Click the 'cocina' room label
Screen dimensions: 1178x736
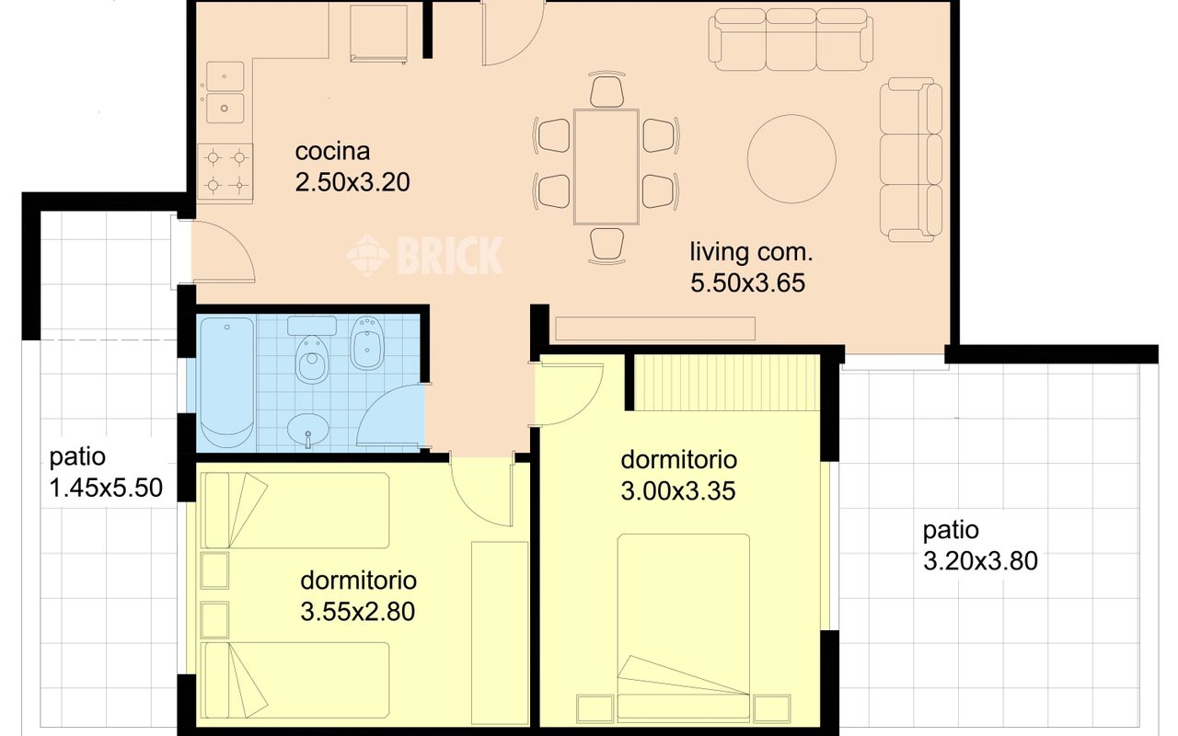pyautogui.click(x=332, y=152)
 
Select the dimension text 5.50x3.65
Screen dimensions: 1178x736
pyautogui.click(x=747, y=282)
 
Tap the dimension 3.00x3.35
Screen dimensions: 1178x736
pyautogui.click(x=678, y=491)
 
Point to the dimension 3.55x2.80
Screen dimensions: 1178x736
pyautogui.click(x=358, y=612)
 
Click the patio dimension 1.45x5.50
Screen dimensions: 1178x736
pyautogui.click(x=106, y=488)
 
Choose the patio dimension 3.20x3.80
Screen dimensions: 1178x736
pyautogui.click(x=980, y=561)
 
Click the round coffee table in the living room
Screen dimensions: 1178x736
pyautogui.click(x=791, y=159)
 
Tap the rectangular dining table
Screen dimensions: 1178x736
pyautogui.click(x=606, y=167)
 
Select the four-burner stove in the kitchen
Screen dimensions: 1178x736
pyautogui.click(x=225, y=171)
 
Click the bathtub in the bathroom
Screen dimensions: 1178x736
pyautogui.click(x=226, y=383)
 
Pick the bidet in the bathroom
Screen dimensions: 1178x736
pyautogui.click(x=366, y=343)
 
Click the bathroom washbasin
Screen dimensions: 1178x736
pyautogui.click(x=308, y=430)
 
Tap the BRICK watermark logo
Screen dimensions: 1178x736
pyautogui.click(x=425, y=256)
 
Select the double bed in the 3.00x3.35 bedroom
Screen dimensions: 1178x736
pyautogui.click(x=683, y=627)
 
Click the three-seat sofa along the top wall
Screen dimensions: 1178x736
pyautogui.click(x=791, y=40)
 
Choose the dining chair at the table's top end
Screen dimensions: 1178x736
pyautogui.click(x=606, y=89)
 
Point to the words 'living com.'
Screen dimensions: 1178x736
pyautogui.click(x=752, y=252)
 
